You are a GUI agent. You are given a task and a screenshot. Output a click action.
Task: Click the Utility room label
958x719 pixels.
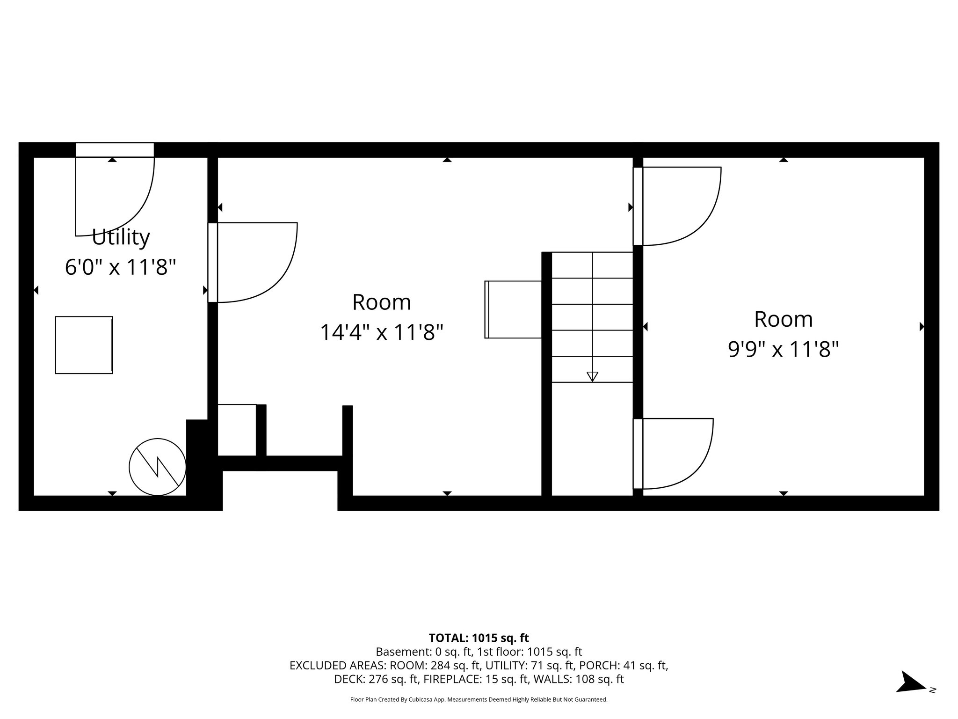click(121, 237)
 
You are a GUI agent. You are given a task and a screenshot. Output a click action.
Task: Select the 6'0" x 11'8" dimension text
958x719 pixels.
click(121, 268)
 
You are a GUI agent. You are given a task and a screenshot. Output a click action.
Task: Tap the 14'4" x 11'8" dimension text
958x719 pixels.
click(381, 333)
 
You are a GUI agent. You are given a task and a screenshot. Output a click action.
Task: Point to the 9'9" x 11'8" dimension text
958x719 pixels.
click(783, 349)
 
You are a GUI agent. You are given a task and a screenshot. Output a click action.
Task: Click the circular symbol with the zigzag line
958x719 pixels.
click(158, 467)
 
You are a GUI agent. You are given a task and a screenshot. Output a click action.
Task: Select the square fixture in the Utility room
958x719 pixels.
click(84, 345)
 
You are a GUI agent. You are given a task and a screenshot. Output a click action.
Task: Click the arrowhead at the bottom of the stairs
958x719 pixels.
click(592, 376)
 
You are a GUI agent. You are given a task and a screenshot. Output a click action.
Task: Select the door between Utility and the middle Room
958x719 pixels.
click(253, 262)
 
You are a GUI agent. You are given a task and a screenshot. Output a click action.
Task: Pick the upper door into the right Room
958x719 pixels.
click(677, 206)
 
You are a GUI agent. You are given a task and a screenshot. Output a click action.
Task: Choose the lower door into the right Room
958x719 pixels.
click(674, 453)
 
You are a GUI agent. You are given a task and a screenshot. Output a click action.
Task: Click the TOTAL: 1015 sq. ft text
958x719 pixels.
click(479, 638)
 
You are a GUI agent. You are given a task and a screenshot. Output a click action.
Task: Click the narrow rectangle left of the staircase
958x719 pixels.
click(513, 309)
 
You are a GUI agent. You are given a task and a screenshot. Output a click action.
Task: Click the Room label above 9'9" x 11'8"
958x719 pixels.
click(783, 319)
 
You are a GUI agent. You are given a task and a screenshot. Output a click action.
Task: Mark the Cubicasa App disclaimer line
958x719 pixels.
click(479, 700)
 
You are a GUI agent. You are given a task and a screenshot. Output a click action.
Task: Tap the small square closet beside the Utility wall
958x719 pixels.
click(237, 430)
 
